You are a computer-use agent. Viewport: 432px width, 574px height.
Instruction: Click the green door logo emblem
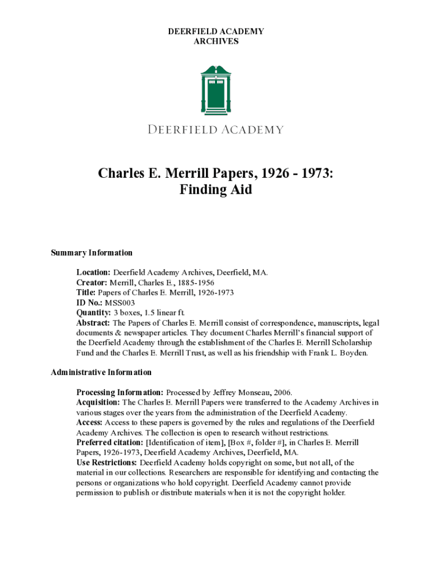215,90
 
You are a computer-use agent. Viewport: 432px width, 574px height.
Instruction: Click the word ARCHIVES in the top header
216,41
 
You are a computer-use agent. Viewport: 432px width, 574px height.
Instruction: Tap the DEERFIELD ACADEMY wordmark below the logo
216,130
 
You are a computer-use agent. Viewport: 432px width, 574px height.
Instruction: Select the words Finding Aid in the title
216,189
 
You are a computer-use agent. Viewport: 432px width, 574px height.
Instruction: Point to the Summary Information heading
92,253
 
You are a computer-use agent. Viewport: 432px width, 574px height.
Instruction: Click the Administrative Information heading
102,372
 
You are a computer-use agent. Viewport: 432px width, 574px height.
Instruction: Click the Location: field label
94,272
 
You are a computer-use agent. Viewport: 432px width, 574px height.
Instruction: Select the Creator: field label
92,283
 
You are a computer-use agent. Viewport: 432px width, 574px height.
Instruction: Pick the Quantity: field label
94,313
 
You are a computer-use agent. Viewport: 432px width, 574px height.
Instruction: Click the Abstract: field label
94,323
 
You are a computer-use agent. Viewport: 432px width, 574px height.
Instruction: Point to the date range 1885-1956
195,283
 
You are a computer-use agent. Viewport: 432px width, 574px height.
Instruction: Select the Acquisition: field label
98,402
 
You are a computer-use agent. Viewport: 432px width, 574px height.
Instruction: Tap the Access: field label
89,422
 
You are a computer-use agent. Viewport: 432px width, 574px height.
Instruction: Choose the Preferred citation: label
110,442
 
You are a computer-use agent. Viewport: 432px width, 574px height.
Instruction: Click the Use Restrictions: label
107,462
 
